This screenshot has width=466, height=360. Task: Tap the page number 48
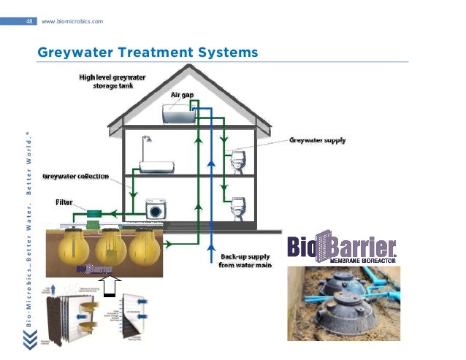coord(29,21)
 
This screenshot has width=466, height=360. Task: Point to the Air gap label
coord(182,94)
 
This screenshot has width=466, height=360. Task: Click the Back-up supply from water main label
coord(245,261)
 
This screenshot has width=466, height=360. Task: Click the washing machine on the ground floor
coord(156,209)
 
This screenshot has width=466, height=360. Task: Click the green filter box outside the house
coord(94,217)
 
